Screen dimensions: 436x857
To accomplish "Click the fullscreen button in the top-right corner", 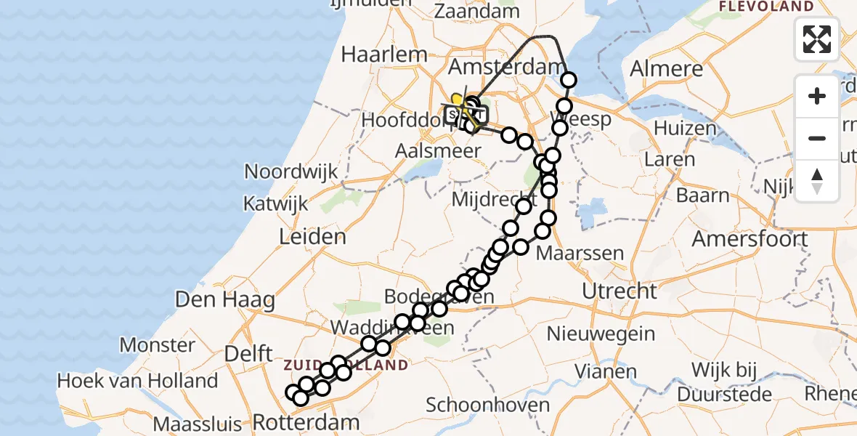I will tap(817, 39).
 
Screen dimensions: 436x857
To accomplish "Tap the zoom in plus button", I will tap(817, 96).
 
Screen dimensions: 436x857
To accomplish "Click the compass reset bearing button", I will tap(817, 180).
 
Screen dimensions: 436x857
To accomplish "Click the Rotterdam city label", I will tap(306, 422).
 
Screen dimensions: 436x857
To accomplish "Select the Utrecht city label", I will tap(620, 291).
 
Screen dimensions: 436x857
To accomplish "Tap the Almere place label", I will tap(667, 69).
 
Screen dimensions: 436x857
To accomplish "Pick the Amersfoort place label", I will tap(750, 238).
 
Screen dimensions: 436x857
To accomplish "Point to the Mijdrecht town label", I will tap(486, 198).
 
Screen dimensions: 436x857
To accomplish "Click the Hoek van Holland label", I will tap(137, 380).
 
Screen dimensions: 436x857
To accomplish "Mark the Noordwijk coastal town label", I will tap(291, 171).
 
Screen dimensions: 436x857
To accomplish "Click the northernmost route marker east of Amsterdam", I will tap(569, 80).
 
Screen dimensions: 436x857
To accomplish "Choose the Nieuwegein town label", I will tap(601, 334).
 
